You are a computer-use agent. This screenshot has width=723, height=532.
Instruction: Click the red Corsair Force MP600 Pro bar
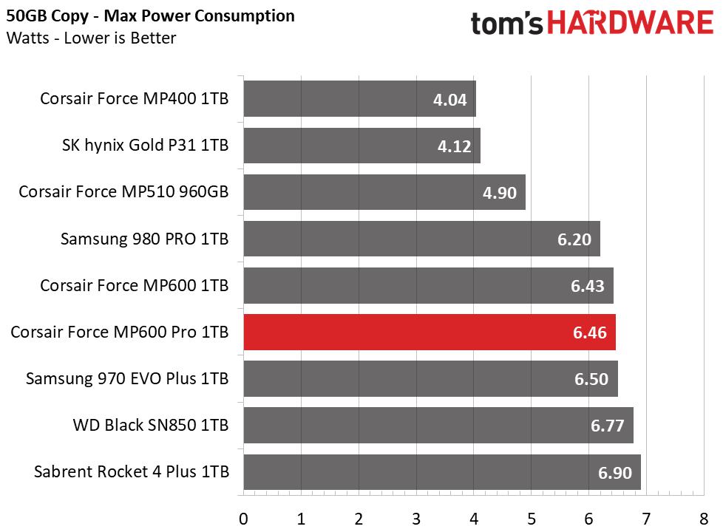tap(430, 332)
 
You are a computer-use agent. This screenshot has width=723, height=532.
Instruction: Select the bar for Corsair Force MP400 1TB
tap(360, 99)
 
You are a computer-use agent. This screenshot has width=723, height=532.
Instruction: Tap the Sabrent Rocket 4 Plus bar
tap(442, 472)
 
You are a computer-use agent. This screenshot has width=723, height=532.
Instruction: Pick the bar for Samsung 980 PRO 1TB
tap(422, 239)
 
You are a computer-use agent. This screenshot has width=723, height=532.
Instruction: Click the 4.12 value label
tap(454, 146)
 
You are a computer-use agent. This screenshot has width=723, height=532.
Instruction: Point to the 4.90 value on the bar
tap(499, 193)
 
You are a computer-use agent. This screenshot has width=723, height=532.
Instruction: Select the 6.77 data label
tap(607, 426)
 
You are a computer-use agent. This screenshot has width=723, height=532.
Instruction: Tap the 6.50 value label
tap(591, 379)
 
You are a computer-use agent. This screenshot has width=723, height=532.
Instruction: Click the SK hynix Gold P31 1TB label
tap(145, 146)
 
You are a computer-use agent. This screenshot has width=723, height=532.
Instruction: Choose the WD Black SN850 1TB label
tap(151, 425)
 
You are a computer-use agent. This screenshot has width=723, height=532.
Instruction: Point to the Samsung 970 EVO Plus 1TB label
tap(127, 378)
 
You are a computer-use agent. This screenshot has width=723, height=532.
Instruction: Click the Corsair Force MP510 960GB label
tap(123, 192)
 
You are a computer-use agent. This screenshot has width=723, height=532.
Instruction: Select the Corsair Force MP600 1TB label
tap(135, 285)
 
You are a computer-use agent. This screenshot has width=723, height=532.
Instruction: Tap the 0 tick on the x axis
tap(243, 519)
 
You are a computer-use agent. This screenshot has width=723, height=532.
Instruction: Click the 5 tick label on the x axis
tap(532, 519)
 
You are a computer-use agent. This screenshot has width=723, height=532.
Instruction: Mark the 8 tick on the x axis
tap(704, 519)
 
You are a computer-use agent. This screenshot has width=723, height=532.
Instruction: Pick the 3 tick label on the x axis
tap(416, 519)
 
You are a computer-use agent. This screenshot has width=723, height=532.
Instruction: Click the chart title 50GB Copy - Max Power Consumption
tap(150, 16)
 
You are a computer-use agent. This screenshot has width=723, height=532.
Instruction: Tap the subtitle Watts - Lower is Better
tap(91, 38)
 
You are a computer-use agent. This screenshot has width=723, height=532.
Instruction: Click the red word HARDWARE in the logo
tap(631, 23)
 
